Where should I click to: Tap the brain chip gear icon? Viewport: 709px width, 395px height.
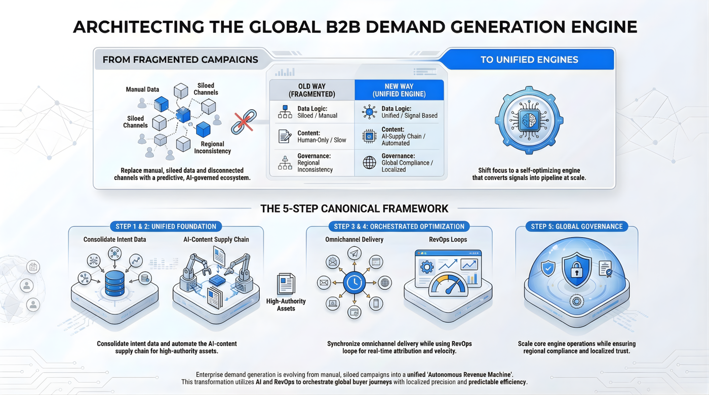[x=529, y=120]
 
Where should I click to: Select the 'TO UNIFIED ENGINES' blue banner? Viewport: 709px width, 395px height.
[x=529, y=60]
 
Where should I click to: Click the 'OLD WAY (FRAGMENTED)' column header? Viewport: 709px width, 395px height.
[x=311, y=90]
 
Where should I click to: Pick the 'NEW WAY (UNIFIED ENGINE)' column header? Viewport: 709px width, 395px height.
[x=399, y=90]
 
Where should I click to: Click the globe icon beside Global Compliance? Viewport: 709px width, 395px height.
[x=370, y=163]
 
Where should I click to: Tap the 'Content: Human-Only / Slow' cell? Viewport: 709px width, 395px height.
[x=311, y=136]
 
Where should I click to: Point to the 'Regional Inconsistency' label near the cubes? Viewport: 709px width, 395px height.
[x=212, y=147]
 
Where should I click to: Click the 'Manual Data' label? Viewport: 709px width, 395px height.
[x=142, y=90]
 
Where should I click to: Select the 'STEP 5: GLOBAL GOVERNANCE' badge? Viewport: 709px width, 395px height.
[x=577, y=226]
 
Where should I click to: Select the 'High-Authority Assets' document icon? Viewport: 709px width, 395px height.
[x=286, y=284]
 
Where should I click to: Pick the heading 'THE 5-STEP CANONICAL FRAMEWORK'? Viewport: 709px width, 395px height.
[x=354, y=208]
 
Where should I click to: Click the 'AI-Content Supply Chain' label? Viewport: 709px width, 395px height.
[x=216, y=239]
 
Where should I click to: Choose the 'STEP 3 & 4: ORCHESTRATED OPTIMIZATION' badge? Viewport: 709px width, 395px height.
[x=399, y=226]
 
